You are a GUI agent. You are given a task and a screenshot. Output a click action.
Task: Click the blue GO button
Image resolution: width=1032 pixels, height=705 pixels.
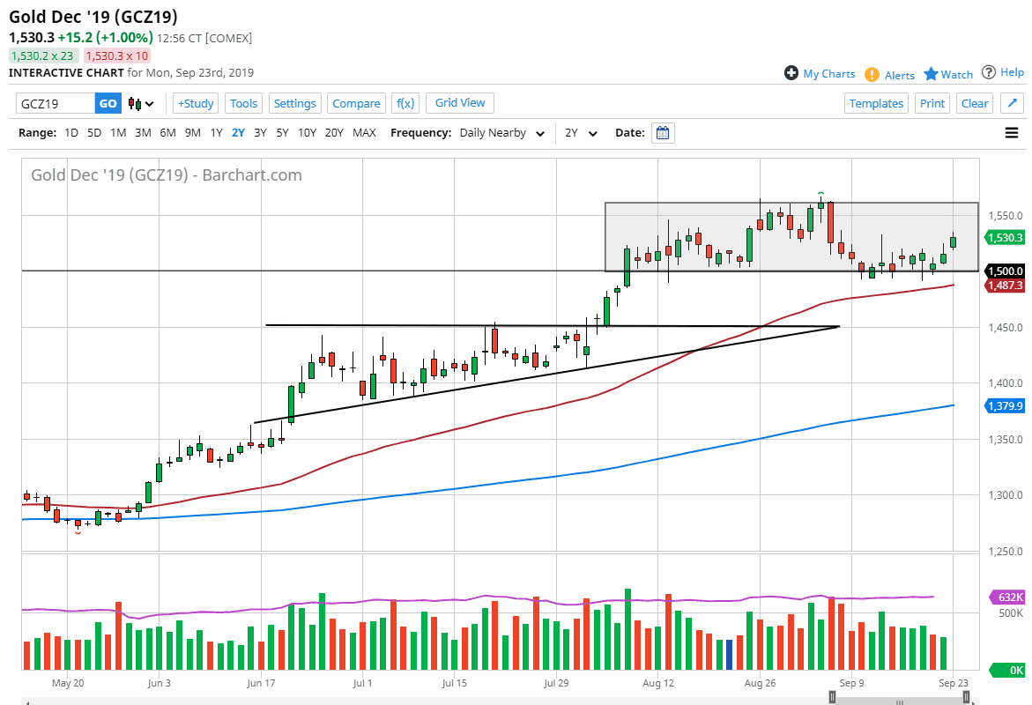108,103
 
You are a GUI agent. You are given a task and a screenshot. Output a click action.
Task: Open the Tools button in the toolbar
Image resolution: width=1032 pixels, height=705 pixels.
243,103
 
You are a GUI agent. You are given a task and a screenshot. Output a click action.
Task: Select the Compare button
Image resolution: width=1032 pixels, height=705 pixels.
356,103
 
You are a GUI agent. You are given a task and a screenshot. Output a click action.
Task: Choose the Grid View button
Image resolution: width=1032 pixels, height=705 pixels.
460,103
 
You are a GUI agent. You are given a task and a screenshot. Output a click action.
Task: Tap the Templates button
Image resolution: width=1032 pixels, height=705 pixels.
876,103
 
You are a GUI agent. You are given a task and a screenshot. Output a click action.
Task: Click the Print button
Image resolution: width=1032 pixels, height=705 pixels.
932,103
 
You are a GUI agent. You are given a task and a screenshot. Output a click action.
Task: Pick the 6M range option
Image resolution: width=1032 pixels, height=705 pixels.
167,133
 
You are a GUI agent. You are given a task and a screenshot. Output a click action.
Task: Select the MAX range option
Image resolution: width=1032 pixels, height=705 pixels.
364,133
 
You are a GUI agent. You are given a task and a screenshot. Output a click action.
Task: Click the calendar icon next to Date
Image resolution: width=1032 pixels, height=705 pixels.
663,133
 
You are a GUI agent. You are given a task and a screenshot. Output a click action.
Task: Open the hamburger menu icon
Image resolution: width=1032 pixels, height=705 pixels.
1012,133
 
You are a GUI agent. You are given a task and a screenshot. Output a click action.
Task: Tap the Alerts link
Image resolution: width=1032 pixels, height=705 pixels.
899,75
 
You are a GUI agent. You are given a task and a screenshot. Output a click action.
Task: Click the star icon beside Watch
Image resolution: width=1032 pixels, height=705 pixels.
931,74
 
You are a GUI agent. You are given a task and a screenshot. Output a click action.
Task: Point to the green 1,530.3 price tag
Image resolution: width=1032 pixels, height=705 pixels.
1005,238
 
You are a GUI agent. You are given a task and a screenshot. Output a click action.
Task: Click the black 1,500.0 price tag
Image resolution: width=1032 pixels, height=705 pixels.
1005,271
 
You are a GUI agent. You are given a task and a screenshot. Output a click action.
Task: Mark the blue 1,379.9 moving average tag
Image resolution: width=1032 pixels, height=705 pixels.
1005,406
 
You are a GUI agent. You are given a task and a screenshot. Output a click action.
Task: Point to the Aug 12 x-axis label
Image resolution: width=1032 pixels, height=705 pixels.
658,683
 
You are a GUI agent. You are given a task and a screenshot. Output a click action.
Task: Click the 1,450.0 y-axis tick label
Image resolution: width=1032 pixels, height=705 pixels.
1006,327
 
